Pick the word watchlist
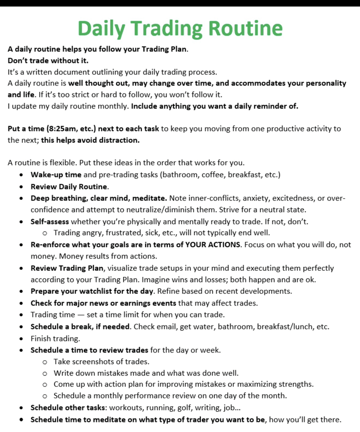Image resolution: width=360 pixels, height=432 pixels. [x=85, y=291]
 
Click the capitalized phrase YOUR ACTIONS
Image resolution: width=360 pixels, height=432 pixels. [x=213, y=245]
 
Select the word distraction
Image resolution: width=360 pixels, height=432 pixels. [x=118, y=140]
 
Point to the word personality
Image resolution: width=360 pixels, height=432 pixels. [x=323, y=83]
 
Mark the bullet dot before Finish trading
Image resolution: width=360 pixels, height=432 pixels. [x=22, y=339]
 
